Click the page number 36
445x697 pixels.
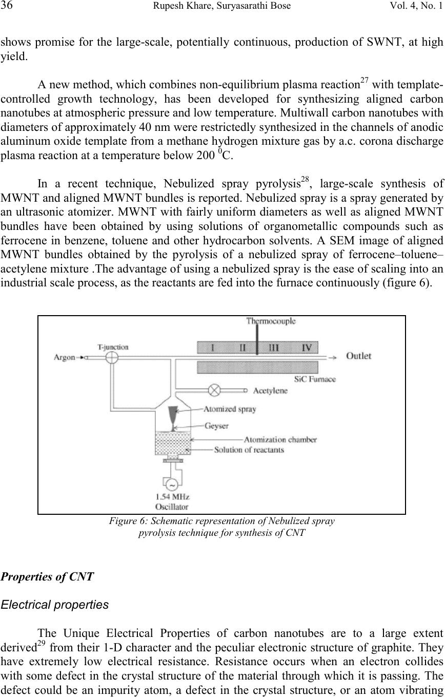point(6,5)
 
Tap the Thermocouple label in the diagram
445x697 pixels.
point(271,321)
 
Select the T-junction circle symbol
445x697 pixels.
point(112,358)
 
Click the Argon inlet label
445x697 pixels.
point(64,357)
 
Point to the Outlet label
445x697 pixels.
point(358,356)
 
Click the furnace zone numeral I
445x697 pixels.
point(213,347)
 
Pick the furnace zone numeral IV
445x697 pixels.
point(307,347)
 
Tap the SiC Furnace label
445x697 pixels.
point(315,379)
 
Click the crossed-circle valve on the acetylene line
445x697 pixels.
point(214,390)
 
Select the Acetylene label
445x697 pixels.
point(270,391)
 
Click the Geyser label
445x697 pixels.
point(216,425)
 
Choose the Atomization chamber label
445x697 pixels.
point(280,439)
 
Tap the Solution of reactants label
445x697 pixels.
point(249,450)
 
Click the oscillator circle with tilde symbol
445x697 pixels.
point(172,485)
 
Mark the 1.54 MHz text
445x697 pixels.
point(172,497)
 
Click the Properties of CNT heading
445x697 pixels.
point(47,577)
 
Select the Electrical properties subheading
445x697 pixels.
point(55,605)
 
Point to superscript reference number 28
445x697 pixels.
point(305,180)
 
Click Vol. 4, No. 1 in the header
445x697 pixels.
point(416,6)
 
